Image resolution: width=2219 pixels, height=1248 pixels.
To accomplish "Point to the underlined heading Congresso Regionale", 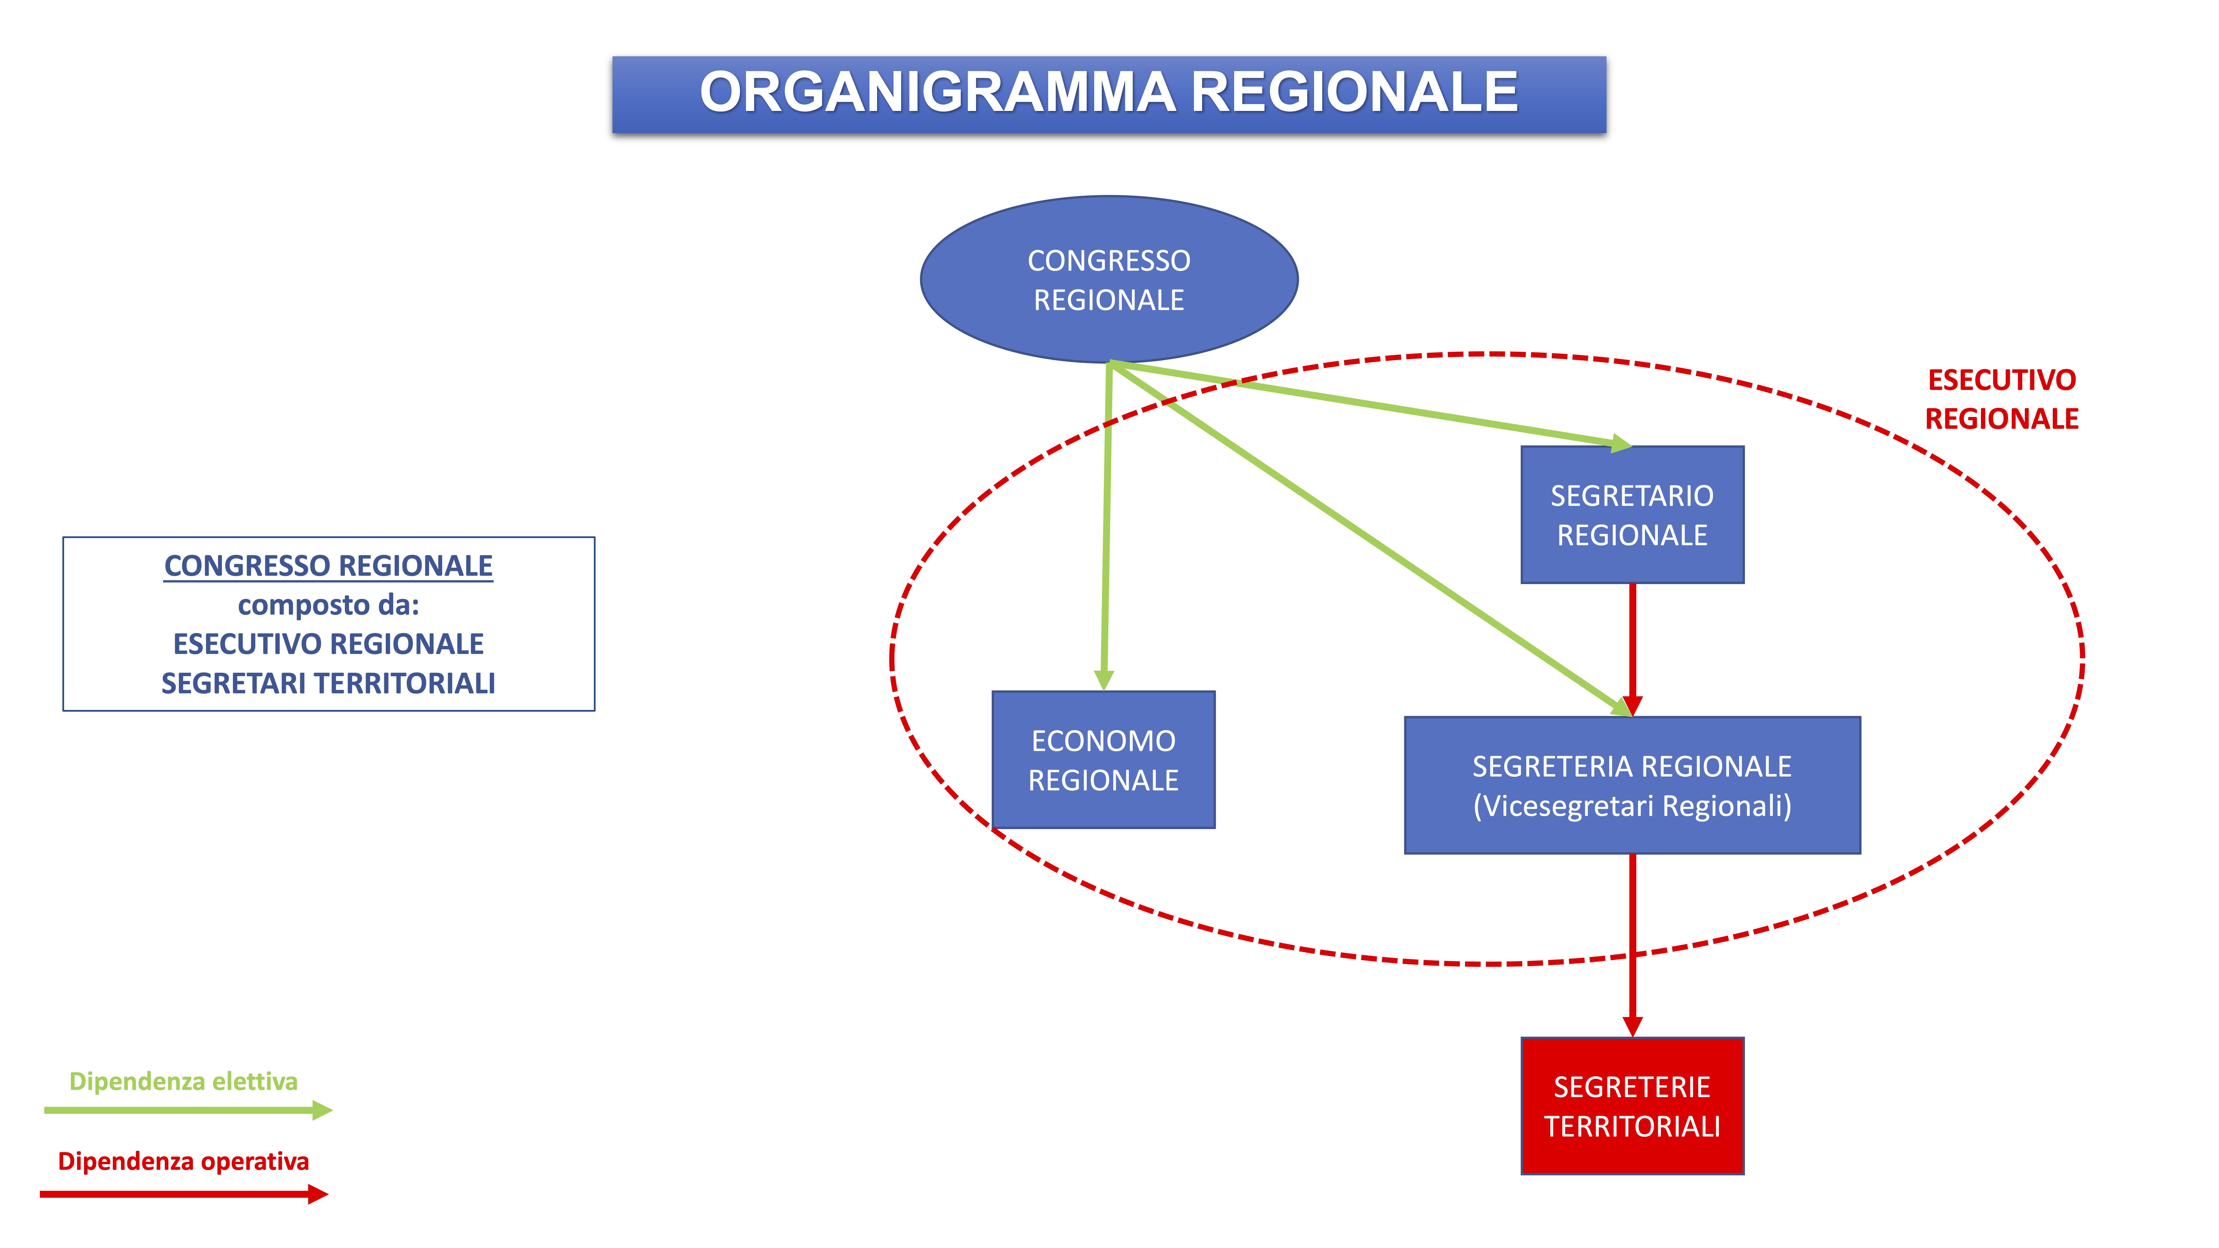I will tap(328, 566).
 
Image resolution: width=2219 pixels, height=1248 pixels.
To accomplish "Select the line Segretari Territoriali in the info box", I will tap(328, 683).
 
